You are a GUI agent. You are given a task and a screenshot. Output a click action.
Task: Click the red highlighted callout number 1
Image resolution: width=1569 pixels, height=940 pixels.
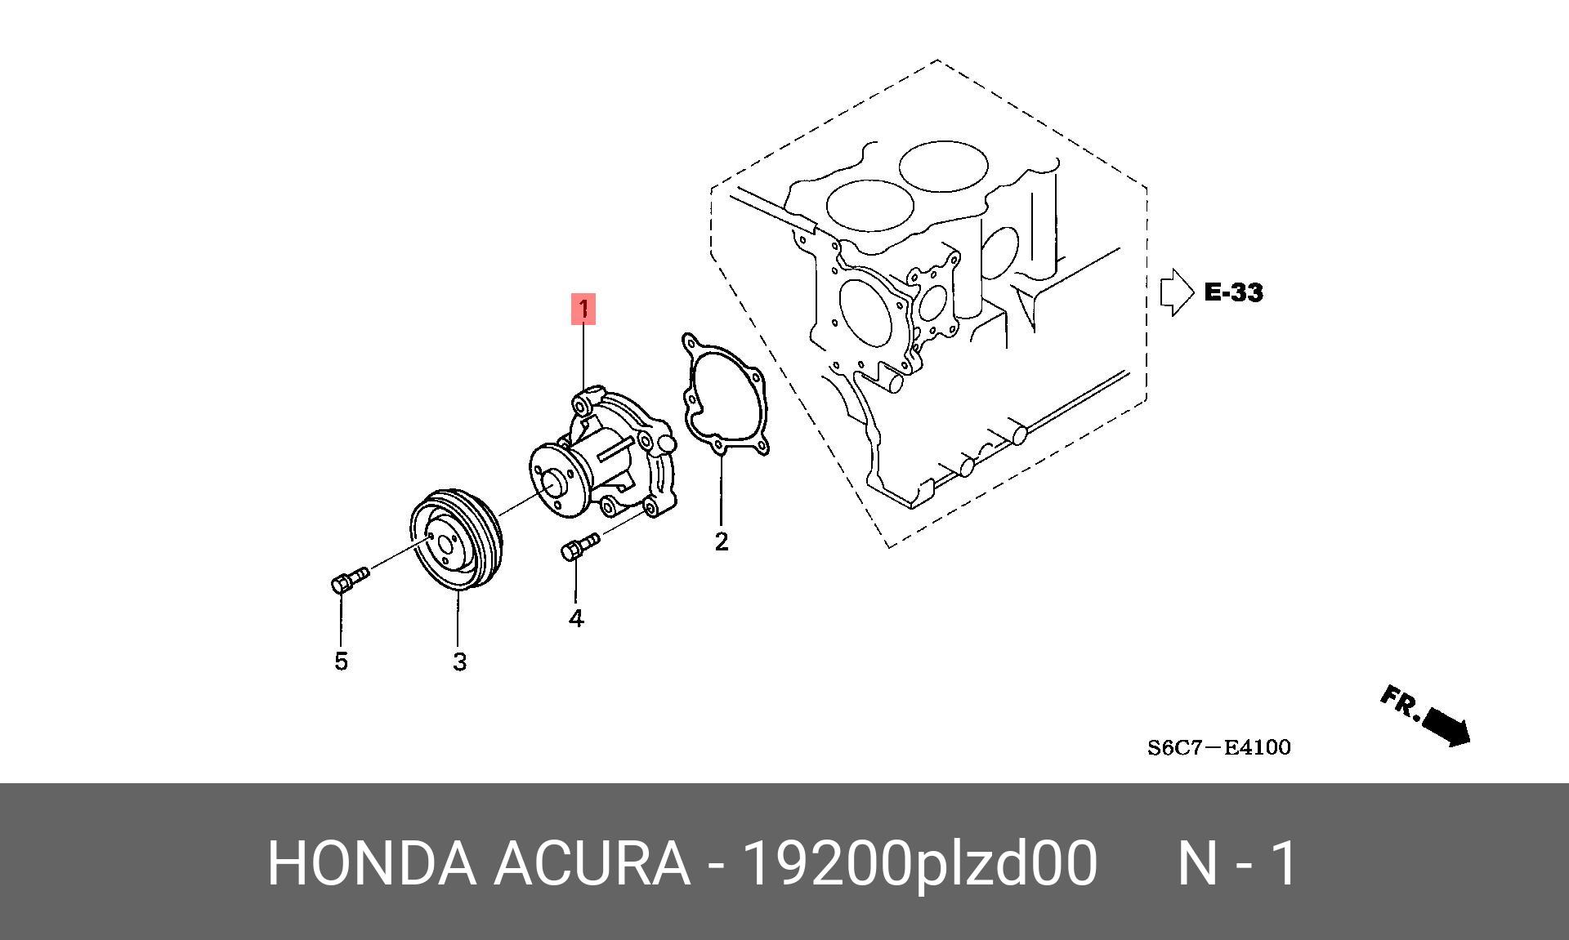583,309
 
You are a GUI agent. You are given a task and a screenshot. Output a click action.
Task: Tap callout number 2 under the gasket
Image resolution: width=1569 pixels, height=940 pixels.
721,541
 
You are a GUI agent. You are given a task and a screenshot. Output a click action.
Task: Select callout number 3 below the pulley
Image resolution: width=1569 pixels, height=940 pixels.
459,662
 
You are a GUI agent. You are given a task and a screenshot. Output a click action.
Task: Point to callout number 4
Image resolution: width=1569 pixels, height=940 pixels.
576,619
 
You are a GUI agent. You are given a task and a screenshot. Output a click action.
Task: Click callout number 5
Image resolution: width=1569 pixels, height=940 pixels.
342,661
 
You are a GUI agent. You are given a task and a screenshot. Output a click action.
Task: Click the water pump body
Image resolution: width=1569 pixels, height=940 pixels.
621,457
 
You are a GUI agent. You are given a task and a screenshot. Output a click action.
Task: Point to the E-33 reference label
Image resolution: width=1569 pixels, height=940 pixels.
1233,292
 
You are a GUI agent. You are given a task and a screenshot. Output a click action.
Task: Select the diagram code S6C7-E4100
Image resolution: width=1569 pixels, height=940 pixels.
1218,747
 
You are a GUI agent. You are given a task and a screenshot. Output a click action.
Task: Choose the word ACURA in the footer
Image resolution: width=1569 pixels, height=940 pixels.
591,863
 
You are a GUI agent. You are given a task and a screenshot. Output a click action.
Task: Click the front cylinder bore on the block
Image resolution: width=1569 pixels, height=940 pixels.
869,204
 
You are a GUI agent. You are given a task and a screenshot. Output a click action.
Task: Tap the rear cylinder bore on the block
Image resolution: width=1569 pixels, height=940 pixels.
943,167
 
